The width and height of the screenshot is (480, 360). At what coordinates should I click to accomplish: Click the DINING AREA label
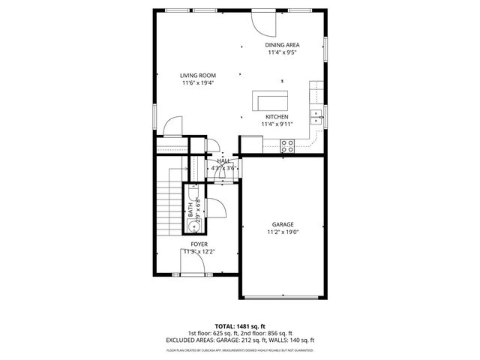coord(283,46)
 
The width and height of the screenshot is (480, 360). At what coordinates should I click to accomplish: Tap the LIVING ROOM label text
coord(198,75)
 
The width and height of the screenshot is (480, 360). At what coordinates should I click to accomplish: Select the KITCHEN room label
coord(277,116)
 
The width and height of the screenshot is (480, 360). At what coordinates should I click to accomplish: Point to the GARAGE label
coord(283,224)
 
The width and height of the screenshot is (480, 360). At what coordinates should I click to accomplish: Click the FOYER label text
coord(199,244)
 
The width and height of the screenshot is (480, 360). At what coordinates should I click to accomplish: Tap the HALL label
coord(223,160)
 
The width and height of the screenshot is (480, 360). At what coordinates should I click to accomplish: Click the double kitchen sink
coord(317,115)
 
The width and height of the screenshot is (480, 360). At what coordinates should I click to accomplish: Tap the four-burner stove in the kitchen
coord(286,145)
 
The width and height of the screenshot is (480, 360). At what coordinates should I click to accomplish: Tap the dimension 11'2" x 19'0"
coord(283,232)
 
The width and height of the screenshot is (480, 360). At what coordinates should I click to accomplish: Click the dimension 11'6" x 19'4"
coord(198,83)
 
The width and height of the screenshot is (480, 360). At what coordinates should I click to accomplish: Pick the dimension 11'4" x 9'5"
coord(283,53)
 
